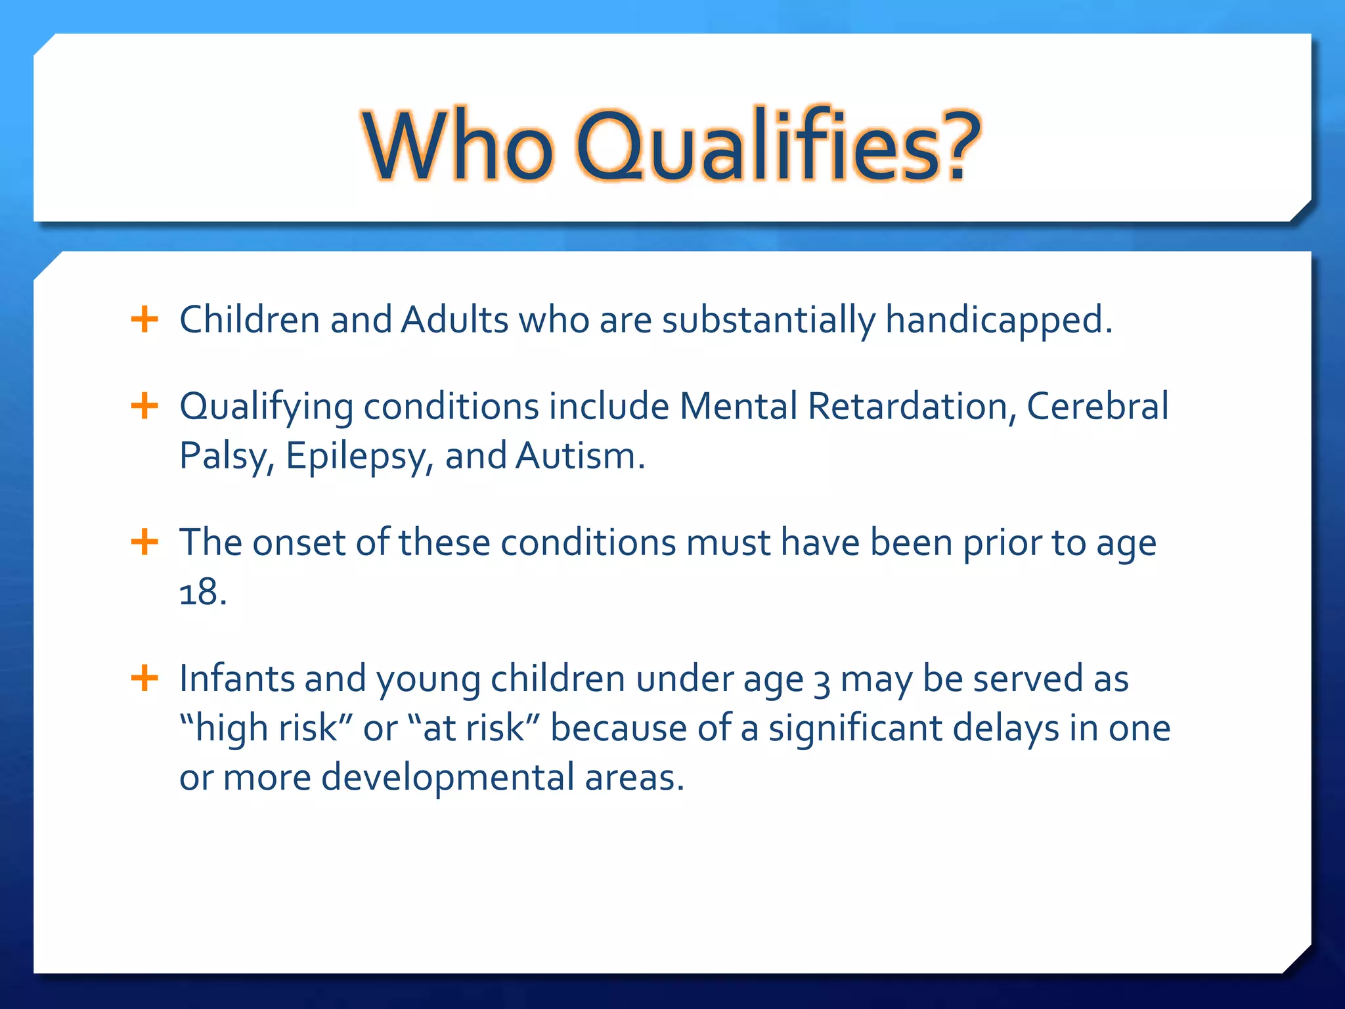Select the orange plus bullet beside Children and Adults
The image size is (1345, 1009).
click(144, 320)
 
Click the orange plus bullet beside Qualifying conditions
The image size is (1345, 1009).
click(144, 406)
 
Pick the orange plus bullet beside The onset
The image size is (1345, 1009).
click(144, 543)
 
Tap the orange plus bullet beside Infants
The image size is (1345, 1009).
click(144, 678)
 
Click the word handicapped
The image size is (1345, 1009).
click(998, 321)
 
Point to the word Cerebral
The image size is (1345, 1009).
click(1097, 406)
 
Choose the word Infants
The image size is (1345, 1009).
click(236, 678)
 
